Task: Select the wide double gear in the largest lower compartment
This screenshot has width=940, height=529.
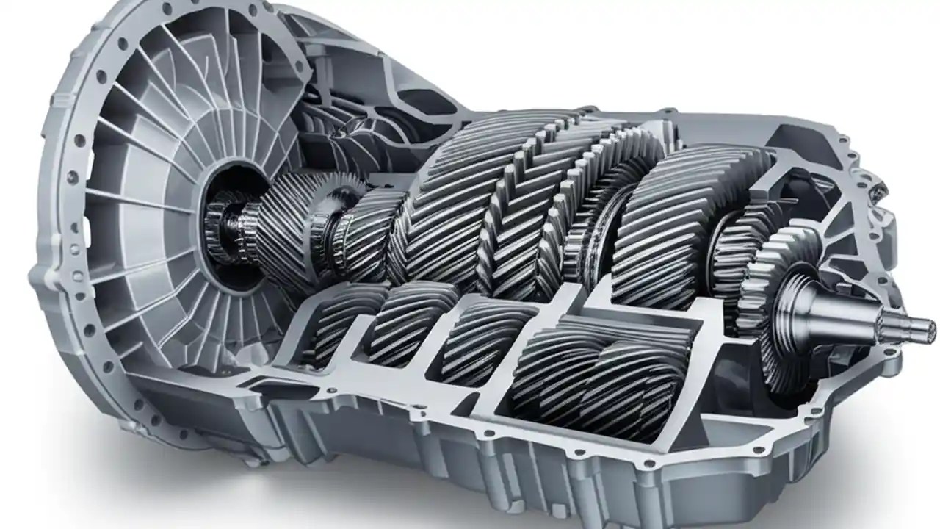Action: (602, 367)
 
